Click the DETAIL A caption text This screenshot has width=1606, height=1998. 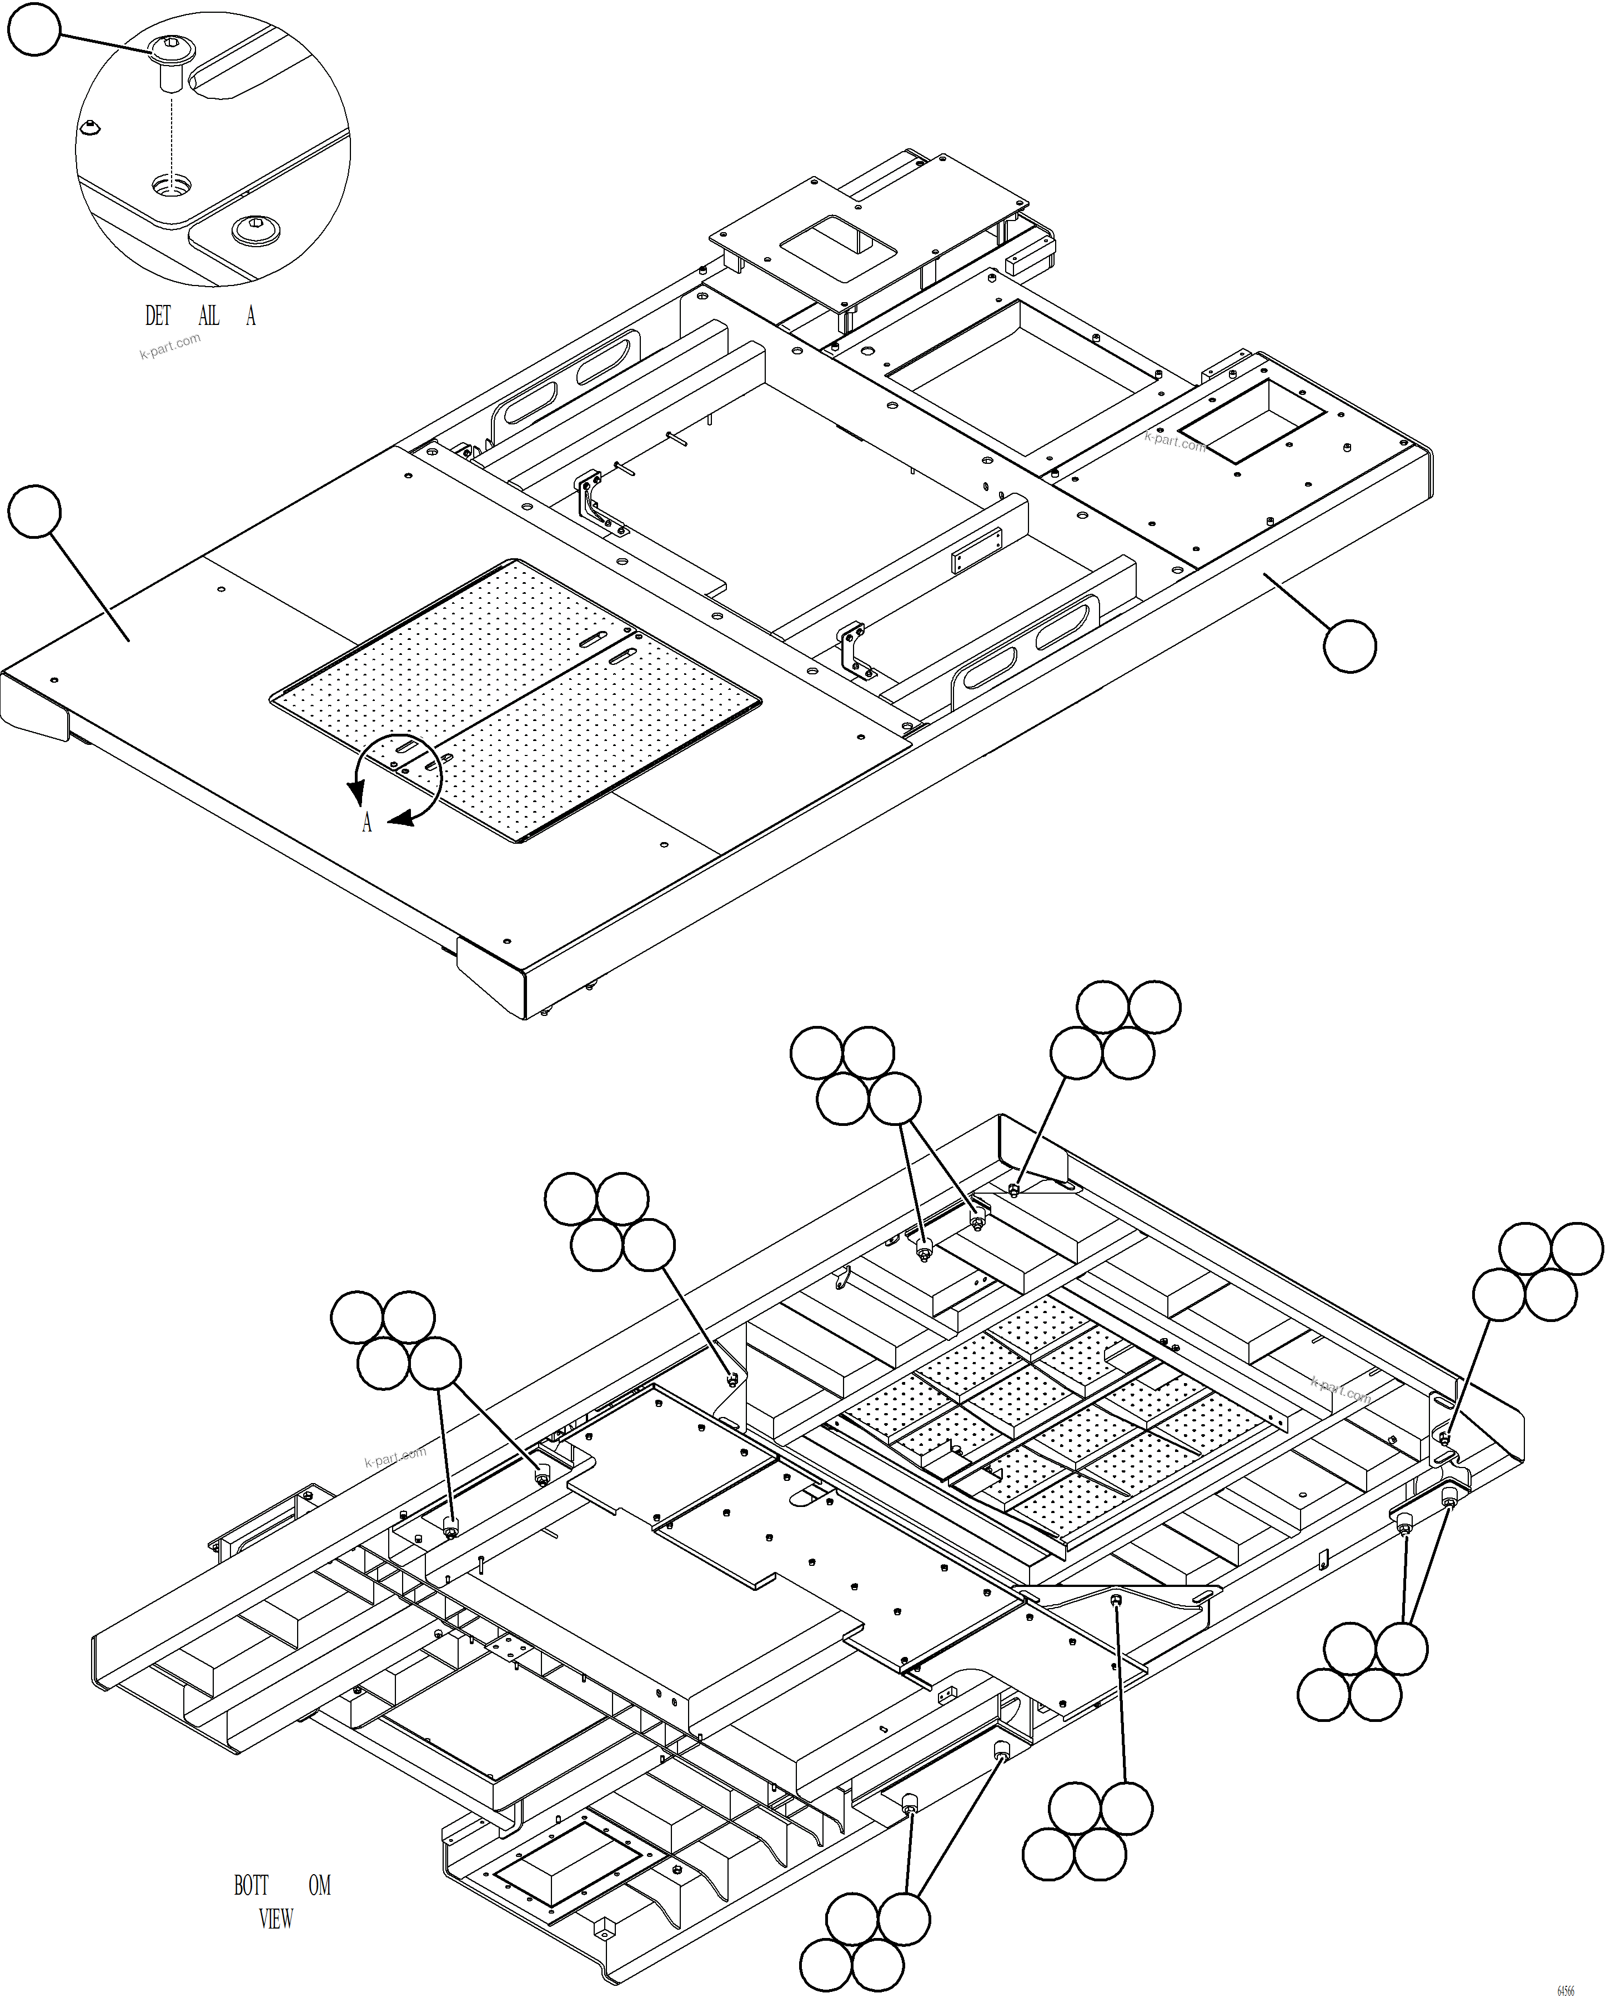[199, 316]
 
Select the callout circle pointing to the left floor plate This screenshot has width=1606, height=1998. [35, 510]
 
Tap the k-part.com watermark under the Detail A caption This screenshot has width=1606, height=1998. [169, 347]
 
